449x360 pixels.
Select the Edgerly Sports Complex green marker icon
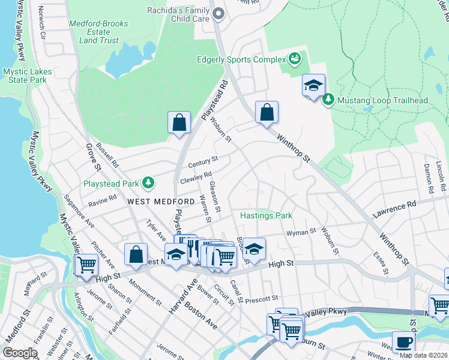(295, 59)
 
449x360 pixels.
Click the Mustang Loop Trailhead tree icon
(328, 100)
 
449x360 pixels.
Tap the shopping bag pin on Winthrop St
(267, 112)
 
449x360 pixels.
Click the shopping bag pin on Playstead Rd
(179, 122)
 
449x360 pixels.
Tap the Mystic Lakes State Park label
(26, 76)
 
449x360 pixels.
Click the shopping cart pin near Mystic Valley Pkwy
(86, 264)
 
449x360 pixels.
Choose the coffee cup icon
(403, 343)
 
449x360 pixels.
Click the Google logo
(20, 353)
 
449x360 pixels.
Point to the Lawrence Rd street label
(394, 208)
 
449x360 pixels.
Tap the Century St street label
(202, 163)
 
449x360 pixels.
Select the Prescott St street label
(262, 298)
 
